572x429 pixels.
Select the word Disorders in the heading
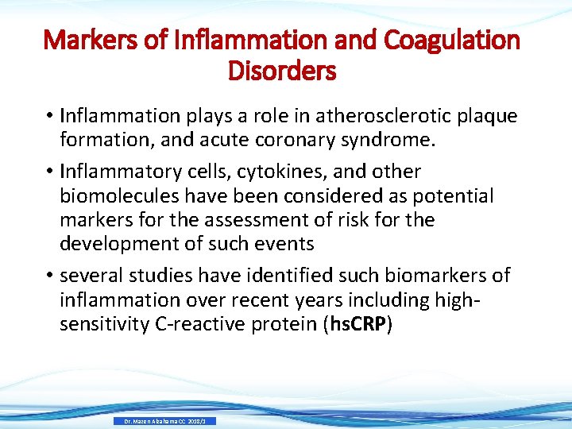pos(282,71)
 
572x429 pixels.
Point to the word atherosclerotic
pos(378,116)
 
